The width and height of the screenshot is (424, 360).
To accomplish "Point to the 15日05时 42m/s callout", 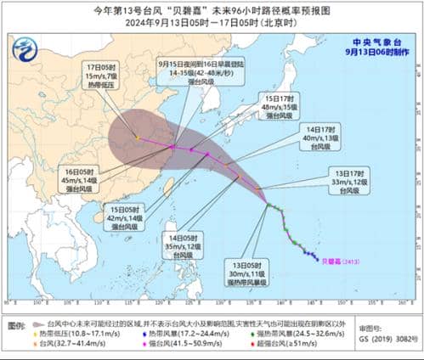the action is [x=126, y=216].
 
